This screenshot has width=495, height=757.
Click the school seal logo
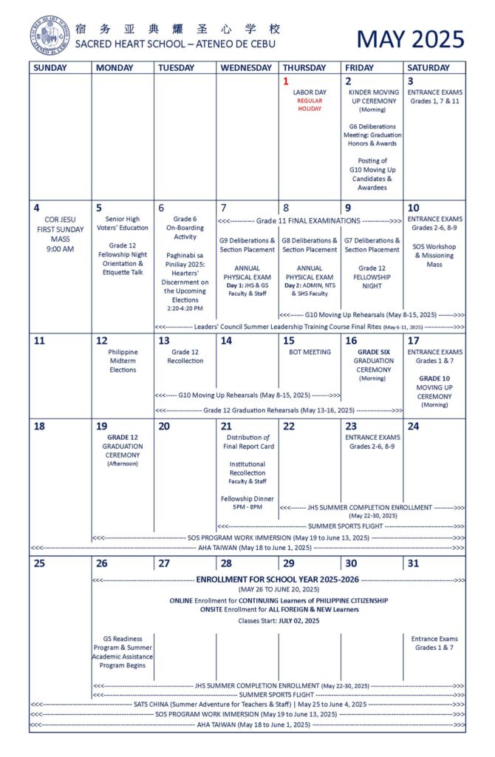[49, 35]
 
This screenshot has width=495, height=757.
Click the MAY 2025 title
[411, 38]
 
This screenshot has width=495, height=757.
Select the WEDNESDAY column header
[246, 67]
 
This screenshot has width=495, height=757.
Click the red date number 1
[286, 81]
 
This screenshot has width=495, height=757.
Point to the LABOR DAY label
[309, 92]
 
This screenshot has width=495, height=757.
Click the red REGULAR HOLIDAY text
[309, 105]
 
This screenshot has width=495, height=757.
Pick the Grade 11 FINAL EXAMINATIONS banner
[309, 221]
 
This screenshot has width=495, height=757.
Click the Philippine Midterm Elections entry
[123, 361]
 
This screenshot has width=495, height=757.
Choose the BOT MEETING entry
[309, 352]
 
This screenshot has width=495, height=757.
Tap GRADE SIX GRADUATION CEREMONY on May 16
[372, 361]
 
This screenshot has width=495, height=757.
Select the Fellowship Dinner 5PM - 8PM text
[247, 503]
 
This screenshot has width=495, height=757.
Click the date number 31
[414, 563]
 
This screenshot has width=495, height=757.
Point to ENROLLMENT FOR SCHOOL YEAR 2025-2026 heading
[278, 580]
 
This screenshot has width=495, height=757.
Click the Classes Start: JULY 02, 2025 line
[278, 621]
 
